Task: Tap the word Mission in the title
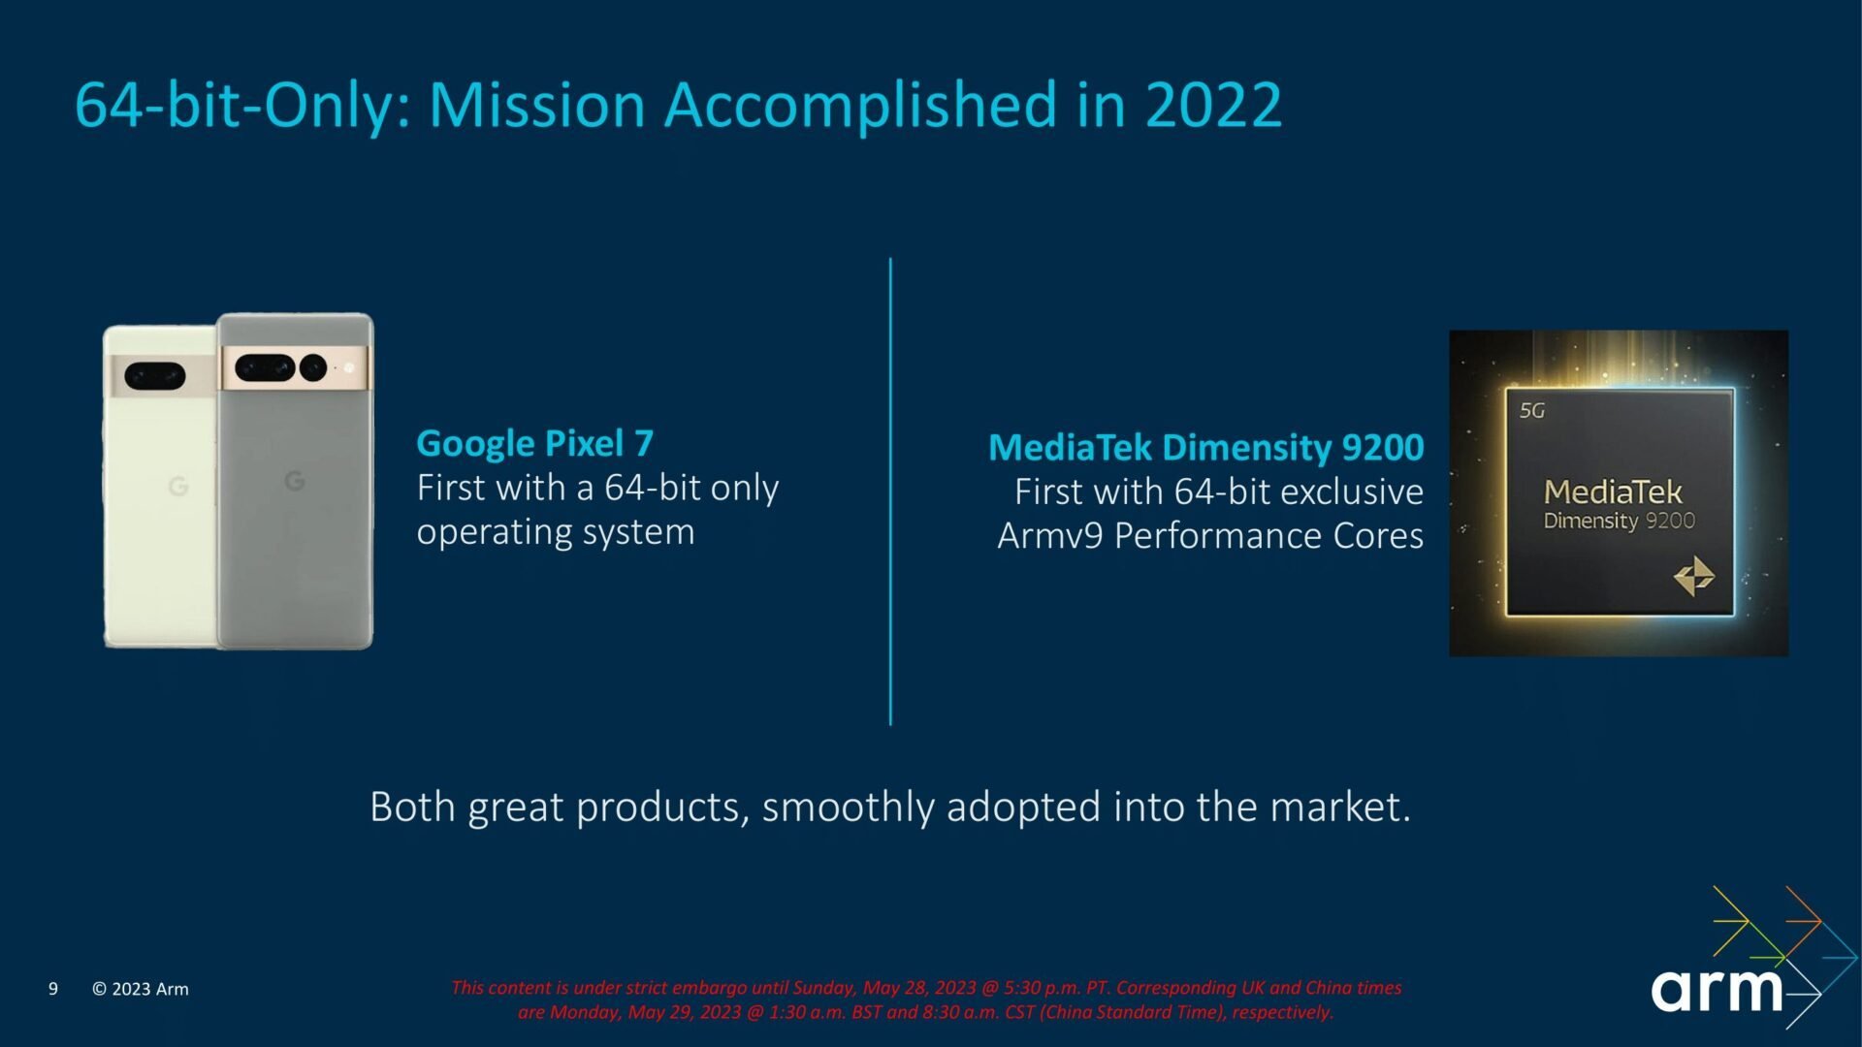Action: click(x=537, y=105)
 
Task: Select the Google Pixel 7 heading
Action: click(x=534, y=444)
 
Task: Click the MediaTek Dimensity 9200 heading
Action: click(x=1205, y=448)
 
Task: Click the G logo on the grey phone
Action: click(x=295, y=480)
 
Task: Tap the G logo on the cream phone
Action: click(x=178, y=486)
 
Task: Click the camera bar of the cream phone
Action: click(x=160, y=375)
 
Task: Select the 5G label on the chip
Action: click(x=1532, y=411)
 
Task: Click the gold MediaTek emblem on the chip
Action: click(x=1694, y=576)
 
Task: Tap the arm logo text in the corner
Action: click(x=1717, y=990)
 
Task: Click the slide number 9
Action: click(x=53, y=989)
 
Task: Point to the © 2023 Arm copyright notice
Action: click(x=141, y=989)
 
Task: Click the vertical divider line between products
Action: click(x=890, y=492)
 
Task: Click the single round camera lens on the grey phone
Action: click(x=313, y=367)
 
